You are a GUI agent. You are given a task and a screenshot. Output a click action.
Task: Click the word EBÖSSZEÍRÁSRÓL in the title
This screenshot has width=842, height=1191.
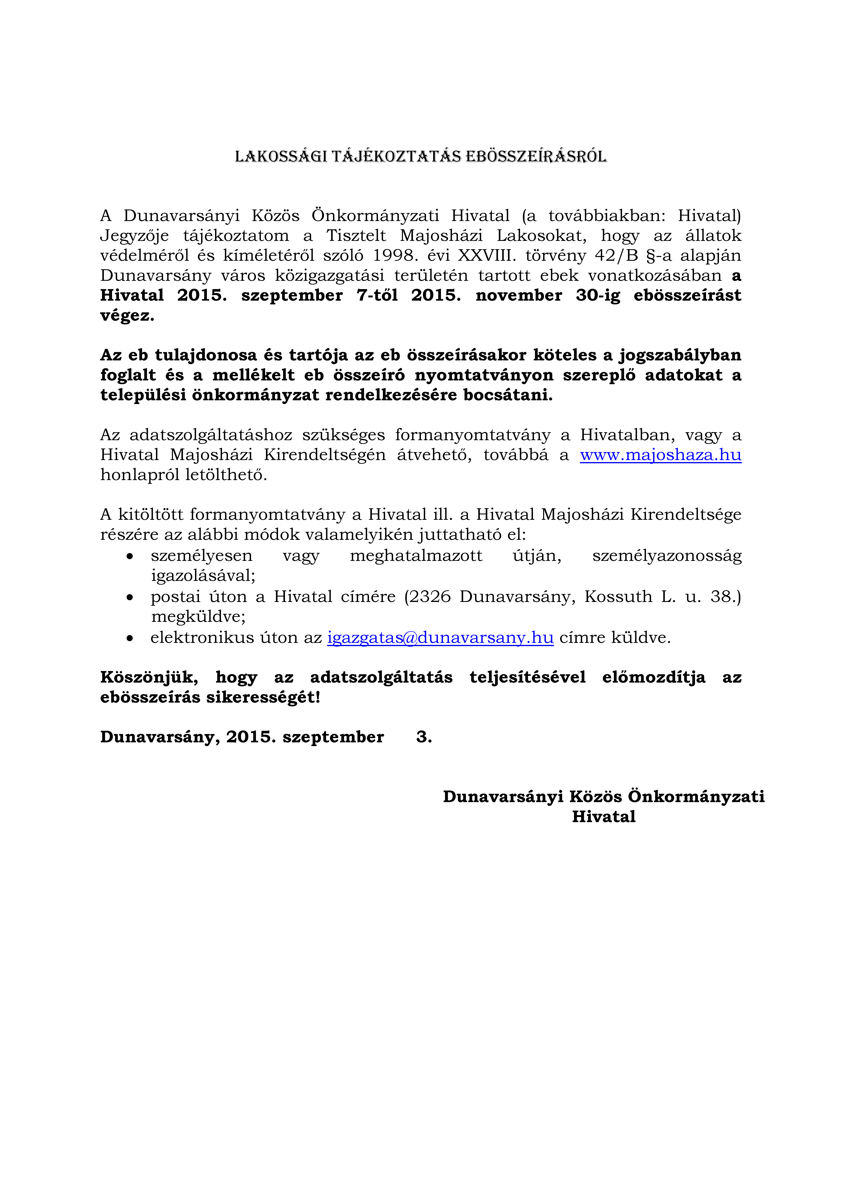point(536,157)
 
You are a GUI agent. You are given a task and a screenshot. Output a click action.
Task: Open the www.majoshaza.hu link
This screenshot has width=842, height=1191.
point(660,455)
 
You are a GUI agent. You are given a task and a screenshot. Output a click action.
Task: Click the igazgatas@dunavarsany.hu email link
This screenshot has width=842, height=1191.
point(440,638)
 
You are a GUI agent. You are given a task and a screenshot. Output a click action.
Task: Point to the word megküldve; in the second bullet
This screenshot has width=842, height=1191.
point(198,617)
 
